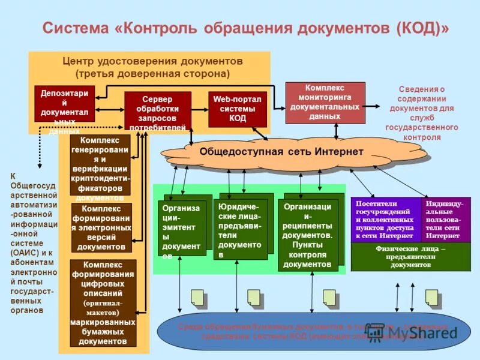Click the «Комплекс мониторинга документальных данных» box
325,102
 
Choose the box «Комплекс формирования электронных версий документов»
101,228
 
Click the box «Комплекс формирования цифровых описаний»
103,302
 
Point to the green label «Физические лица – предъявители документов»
410,257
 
